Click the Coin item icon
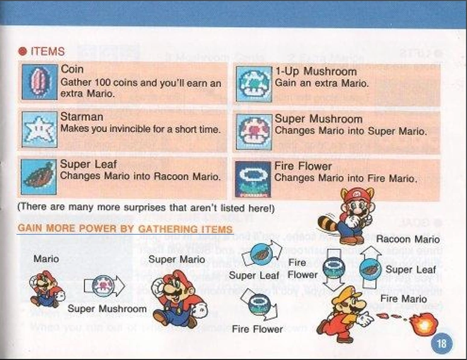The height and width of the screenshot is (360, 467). pyautogui.click(x=40, y=82)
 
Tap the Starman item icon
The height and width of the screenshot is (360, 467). pyautogui.click(x=40, y=130)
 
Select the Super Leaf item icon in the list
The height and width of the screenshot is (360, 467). pyautogui.click(x=39, y=177)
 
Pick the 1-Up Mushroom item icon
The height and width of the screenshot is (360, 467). pyautogui.click(x=254, y=84)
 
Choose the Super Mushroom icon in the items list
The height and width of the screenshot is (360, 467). pyautogui.click(x=254, y=132)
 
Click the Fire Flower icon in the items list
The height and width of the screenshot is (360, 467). pyautogui.click(x=253, y=179)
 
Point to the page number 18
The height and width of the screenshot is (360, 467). pyautogui.click(x=442, y=344)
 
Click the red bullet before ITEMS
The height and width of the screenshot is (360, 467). pyautogui.click(x=23, y=51)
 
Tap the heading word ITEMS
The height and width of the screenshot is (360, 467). pyautogui.click(x=48, y=51)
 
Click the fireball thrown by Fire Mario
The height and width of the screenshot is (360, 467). pyautogui.click(x=424, y=323)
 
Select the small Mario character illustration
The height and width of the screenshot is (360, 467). pyautogui.click(x=46, y=289)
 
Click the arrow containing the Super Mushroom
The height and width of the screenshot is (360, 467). pyautogui.click(x=104, y=286)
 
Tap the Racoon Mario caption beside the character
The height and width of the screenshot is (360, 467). pyautogui.click(x=408, y=239)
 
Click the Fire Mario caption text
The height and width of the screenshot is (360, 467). pyautogui.click(x=403, y=298)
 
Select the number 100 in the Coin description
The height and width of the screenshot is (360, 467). pyautogui.click(x=102, y=82)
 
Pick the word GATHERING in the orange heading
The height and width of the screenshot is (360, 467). pyautogui.click(x=168, y=229)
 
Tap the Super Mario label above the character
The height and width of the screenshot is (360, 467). pyautogui.click(x=177, y=259)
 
